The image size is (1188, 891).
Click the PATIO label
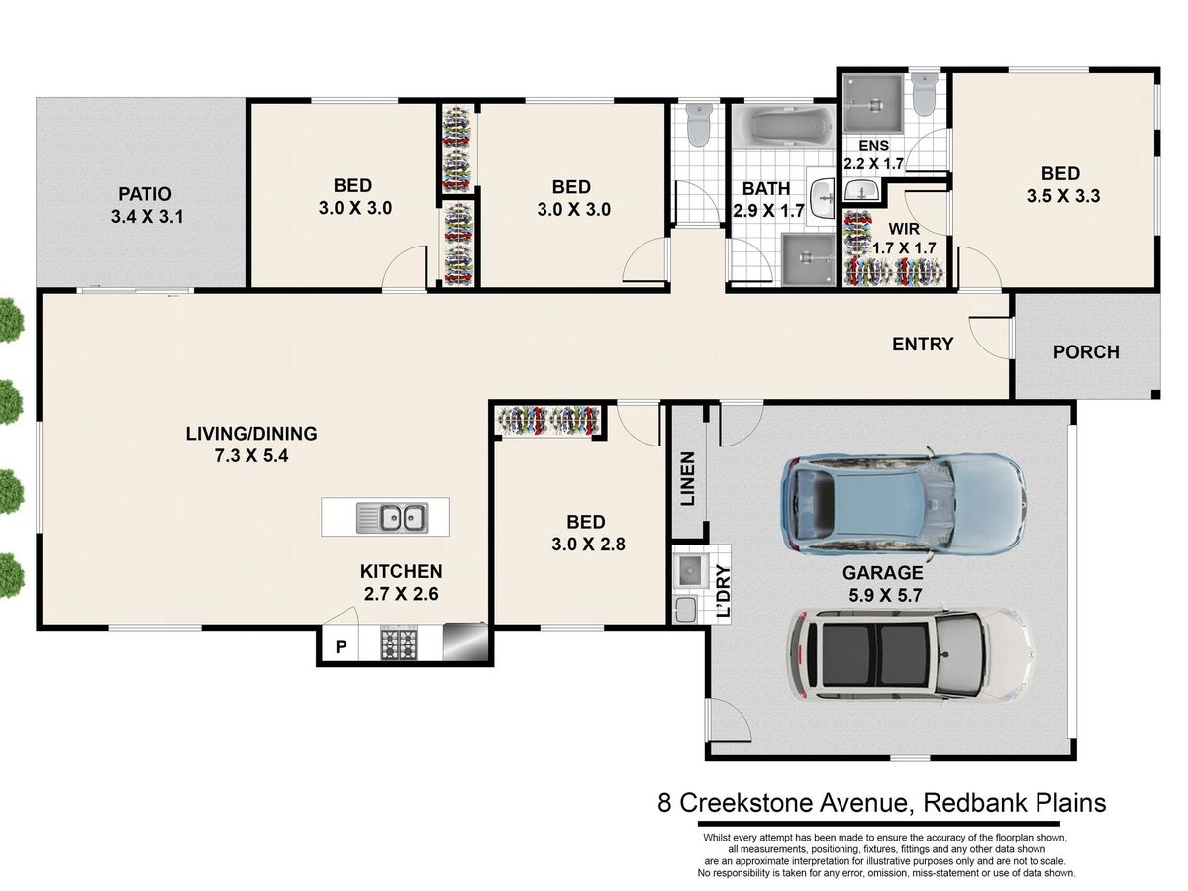(146, 194)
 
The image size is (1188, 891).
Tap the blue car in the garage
(903, 504)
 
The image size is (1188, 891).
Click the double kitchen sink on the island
(392, 517)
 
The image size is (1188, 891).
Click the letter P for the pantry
(341, 646)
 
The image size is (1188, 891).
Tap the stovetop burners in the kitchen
(398, 643)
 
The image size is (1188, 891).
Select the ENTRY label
(923, 344)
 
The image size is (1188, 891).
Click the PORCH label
(1086, 352)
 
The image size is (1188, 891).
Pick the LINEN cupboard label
(687, 478)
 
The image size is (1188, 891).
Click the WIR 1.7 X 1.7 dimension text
(905, 247)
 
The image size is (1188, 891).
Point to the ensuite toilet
(923, 94)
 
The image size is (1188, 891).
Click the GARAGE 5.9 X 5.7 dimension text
(884, 596)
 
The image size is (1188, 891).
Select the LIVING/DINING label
(251, 434)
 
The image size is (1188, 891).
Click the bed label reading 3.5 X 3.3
(1063, 196)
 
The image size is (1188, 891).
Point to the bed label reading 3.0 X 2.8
(588, 544)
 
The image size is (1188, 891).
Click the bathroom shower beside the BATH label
(808, 259)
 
